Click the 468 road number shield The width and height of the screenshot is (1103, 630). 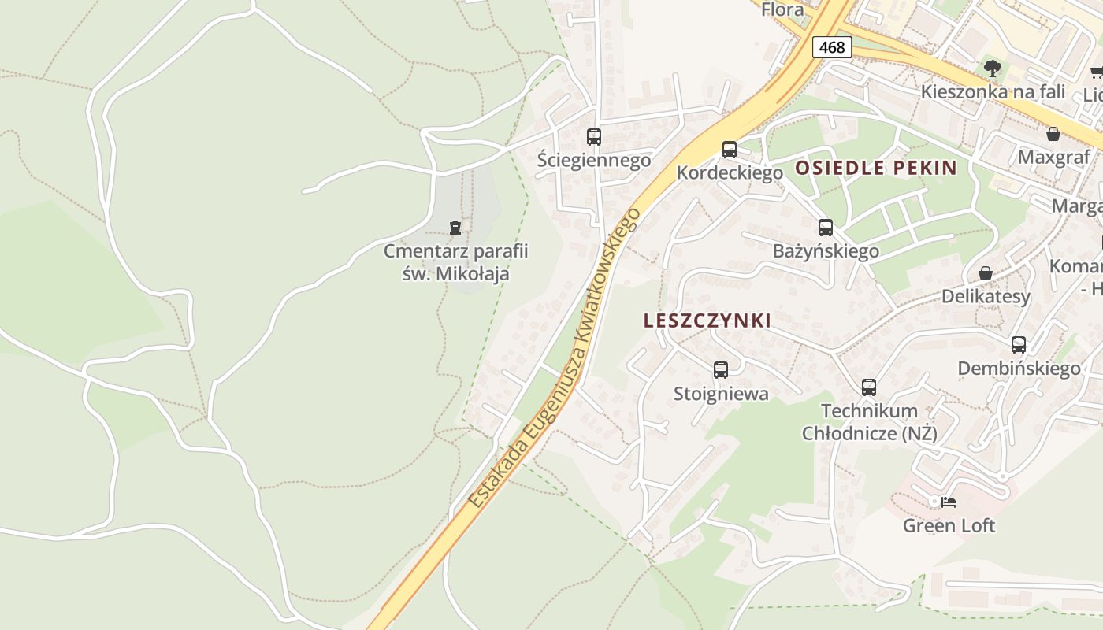click(x=831, y=47)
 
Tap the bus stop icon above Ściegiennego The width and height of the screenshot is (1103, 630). click(x=594, y=137)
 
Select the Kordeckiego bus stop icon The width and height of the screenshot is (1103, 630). click(x=730, y=150)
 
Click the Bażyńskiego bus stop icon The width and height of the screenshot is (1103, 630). click(x=826, y=228)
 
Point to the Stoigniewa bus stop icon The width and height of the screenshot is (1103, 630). click(x=721, y=370)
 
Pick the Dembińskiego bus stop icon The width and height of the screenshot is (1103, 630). click(x=1019, y=345)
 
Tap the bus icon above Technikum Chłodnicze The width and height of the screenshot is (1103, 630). click(x=869, y=387)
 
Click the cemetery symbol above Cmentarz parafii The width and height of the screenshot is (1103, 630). click(x=455, y=228)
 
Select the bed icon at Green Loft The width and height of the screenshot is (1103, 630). click(x=949, y=502)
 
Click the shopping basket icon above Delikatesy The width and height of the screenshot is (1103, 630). click(x=986, y=273)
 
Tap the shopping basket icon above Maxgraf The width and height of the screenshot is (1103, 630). click(x=1053, y=134)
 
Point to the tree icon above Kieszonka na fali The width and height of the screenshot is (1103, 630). click(x=993, y=69)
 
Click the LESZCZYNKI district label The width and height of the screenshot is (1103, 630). click(x=707, y=321)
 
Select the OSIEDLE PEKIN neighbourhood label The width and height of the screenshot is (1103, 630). click(x=875, y=168)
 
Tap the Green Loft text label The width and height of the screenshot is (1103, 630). click(x=949, y=525)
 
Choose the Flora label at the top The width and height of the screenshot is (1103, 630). click(x=782, y=9)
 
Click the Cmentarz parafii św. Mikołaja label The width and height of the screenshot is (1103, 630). click(x=455, y=263)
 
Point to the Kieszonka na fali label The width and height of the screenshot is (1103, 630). click(x=993, y=91)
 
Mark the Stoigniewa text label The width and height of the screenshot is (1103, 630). click(x=721, y=394)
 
